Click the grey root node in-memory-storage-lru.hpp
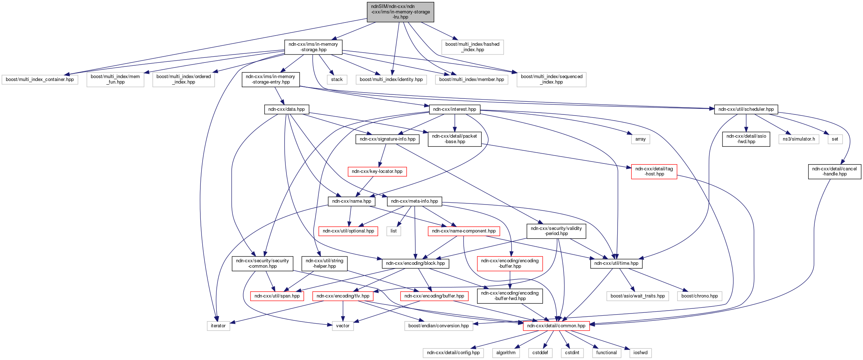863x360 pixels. pos(400,12)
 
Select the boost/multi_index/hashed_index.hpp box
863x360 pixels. pos(472,47)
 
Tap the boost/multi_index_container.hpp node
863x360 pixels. pos(40,80)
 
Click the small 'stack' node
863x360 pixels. pos(337,80)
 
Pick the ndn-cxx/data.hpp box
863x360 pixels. pos(286,109)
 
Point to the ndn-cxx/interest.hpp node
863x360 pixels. pos(455,109)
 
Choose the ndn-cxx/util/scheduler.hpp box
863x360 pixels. pos(746,109)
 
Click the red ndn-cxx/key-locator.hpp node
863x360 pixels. pos(377,171)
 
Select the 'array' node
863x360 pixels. pos(640,139)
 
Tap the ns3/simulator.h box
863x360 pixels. pos(798,139)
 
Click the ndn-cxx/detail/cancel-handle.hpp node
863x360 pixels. pos(834,171)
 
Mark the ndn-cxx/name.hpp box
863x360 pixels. pos(351,201)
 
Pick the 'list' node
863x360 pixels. pos(394,231)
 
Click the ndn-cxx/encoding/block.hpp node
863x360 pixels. pos(415,263)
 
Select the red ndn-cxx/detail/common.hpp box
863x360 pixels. pos(556,326)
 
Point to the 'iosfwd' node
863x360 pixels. pos(640,353)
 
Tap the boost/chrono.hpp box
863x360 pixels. pos(699,296)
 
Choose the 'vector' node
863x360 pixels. pos(342,326)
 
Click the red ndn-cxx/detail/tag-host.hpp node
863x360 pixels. pos(654,171)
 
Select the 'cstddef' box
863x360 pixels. pos(540,353)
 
